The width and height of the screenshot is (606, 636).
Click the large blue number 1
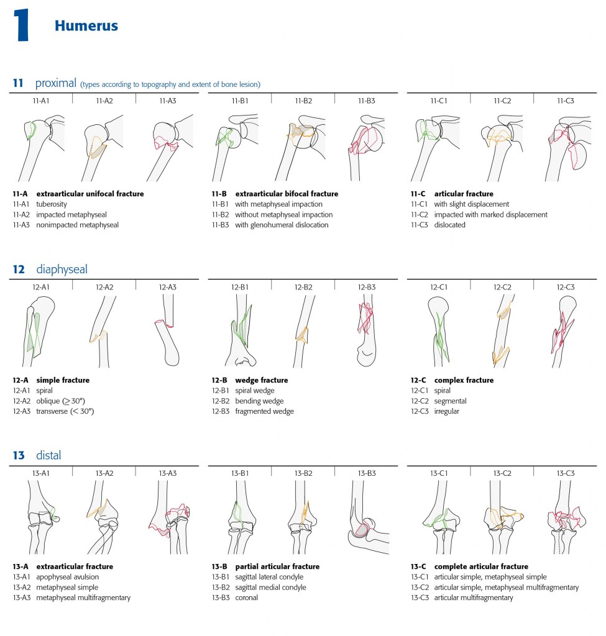click(22, 27)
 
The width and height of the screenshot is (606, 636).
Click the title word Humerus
click(86, 25)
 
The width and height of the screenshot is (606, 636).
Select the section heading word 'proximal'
click(55, 83)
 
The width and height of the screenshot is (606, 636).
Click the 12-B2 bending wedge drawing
click(303, 329)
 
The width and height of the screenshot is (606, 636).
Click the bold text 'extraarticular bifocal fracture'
click(287, 194)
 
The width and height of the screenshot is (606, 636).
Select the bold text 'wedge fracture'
click(261, 380)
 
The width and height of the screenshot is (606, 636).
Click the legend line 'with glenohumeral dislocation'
click(282, 225)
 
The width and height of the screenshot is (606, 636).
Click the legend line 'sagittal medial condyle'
click(273, 588)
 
